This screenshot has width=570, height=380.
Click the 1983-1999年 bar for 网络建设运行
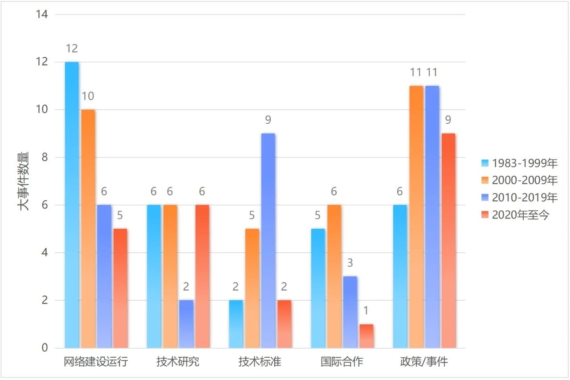[x=72, y=205]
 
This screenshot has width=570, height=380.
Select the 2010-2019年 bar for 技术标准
[x=268, y=240]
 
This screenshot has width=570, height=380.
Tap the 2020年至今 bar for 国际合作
[x=366, y=336]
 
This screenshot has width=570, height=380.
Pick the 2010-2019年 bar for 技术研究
[x=186, y=324]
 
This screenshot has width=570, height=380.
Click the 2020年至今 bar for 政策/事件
[x=448, y=240]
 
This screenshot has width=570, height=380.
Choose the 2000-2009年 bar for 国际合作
[x=334, y=276]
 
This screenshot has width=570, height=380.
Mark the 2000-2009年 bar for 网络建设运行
[x=88, y=228]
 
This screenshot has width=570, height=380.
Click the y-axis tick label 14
[x=42, y=14]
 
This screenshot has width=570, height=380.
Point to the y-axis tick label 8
[x=45, y=158]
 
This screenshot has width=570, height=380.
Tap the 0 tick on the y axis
[x=45, y=348]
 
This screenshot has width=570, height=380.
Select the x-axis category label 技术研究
[x=178, y=362]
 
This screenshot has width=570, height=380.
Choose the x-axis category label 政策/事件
[x=423, y=362]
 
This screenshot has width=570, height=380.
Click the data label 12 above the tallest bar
[x=72, y=49]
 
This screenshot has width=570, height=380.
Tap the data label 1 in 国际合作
[x=366, y=311]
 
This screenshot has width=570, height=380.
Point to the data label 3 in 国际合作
[x=350, y=263]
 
